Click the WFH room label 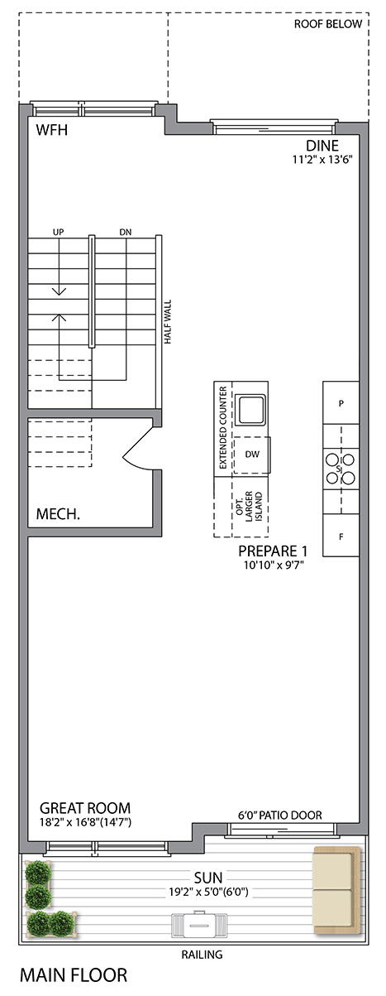pyautogui.click(x=52, y=130)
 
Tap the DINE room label pyautogui.click(x=322, y=146)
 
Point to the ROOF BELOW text pyautogui.click(x=328, y=24)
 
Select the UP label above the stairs pyautogui.click(x=58, y=232)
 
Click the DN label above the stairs pyautogui.click(x=126, y=232)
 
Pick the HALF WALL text pyautogui.click(x=168, y=322)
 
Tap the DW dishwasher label pyautogui.click(x=252, y=454)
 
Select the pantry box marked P pyautogui.click(x=341, y=402)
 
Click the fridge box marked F pyautogui.click(x=341, y=536)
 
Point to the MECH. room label pyautogui.click(x=58, y=514)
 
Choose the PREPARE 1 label pyautogui.click(x=273, y=551)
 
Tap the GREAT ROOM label pyautogui.click(x=85, y=808)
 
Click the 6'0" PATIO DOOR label pyautogui.click(x=280, y=815)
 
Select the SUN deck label pyautogui.click(x=208, y=878)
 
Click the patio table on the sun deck pyautogui.click(x=200, y=925)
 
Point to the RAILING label pyautogui.click(x=202, y=955)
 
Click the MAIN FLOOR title pyautogui.click(x=74, y=975)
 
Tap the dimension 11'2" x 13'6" pyautogui.click(x=322, y=160)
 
